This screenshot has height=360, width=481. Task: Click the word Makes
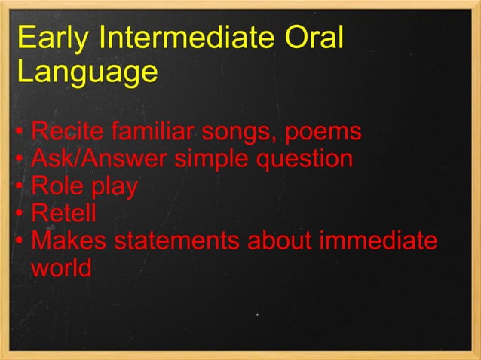pyautogui.click(x=68, y=241)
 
